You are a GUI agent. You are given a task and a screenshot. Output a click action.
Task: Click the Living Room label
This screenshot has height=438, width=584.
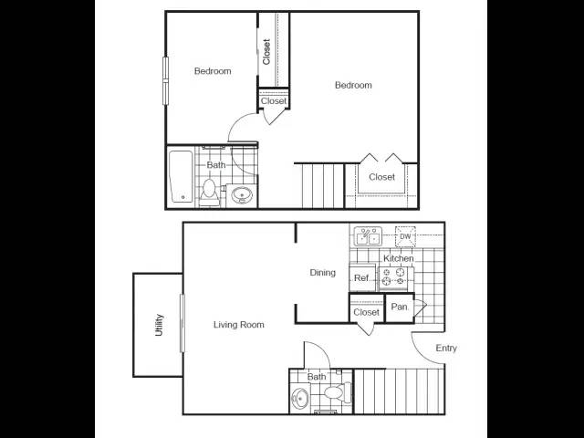[239, 325]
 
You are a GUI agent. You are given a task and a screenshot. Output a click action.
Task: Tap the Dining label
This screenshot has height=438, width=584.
[322, 273]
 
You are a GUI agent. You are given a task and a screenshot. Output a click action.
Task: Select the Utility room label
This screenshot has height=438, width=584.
[159, 325]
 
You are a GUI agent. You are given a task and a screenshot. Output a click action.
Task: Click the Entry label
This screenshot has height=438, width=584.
[446, 349]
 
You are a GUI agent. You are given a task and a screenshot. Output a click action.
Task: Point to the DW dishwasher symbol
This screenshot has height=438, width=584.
[405, 236]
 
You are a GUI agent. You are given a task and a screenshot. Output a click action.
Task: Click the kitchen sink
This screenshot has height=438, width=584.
[368, 236]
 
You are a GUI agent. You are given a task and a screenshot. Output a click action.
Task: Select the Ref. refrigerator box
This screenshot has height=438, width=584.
[362, 277]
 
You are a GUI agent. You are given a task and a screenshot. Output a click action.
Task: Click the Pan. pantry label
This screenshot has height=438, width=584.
[400, 307]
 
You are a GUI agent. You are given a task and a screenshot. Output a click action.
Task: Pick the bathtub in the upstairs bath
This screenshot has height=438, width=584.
[182, 176]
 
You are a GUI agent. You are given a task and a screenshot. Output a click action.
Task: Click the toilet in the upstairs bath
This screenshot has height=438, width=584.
[209, 193]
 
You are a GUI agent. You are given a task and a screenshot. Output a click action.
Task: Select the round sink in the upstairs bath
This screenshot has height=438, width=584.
[242, 194]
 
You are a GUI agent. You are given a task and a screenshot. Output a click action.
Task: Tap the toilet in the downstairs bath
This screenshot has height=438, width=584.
[338, 392]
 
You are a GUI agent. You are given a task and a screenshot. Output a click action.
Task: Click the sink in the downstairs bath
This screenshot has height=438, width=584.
[301, 398]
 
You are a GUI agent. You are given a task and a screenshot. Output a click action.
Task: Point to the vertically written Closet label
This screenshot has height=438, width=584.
[266, 52]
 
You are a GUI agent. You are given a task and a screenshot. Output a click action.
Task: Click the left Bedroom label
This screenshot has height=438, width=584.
[213, 71]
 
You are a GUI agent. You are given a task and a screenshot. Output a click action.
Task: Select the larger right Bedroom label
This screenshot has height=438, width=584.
[353, 85]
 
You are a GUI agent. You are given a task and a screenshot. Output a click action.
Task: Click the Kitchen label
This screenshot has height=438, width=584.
[399, 258]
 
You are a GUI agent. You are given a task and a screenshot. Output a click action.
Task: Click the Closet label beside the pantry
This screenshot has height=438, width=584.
[367, 312]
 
